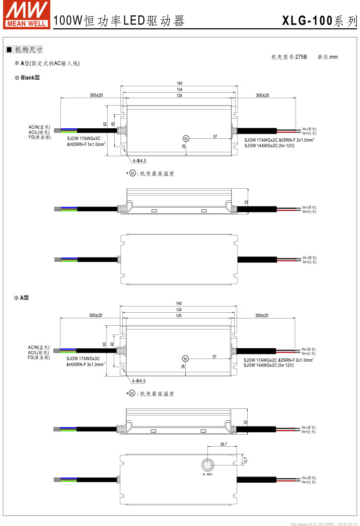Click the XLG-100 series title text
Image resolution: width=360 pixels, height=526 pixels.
[x=319, y=21]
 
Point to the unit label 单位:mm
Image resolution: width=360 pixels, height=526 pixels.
[x=327, y=57]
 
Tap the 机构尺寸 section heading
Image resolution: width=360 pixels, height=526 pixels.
[x=28, y=49]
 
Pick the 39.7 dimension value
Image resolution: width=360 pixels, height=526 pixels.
[x=223, y=445]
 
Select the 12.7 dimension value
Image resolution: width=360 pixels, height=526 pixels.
[x=246, y=460]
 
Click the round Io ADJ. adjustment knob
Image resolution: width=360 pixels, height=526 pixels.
[x=208, y=465]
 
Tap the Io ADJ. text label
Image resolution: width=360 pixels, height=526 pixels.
[x=208, y=475]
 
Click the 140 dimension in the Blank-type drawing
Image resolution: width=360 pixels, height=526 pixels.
[x=180, y=83]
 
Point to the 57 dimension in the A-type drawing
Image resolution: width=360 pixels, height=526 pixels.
[x=215, y=356]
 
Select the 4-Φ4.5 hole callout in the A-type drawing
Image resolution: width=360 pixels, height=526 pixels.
[x=138, y=381]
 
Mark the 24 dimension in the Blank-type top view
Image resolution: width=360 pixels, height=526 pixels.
[x=184, y=147]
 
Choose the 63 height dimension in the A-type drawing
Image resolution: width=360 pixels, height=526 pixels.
[x=104, y=344]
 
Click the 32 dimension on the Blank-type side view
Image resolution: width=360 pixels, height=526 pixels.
[x=246, y=203]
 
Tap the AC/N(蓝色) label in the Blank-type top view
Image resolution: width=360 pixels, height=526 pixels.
[x=39, y=127]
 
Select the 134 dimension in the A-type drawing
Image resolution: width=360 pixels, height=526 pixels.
[x=179, y=310]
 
